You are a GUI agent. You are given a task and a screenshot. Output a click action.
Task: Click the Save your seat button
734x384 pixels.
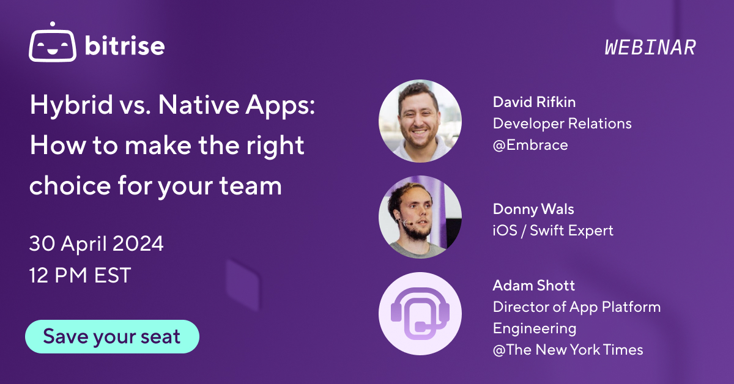tap(112, 336)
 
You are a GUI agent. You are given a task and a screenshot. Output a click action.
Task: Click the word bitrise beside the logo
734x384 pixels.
tap(125, 46)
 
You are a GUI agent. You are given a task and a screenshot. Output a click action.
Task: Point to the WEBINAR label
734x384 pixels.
tap(650, 48)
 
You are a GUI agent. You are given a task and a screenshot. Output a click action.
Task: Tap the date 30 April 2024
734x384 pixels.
tap(96, 244)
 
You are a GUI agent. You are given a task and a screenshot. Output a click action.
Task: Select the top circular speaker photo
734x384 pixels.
tap(420, 120)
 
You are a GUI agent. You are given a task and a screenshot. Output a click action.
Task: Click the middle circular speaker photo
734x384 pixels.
tap(420, 216)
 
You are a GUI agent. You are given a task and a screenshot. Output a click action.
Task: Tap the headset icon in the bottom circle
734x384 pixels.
tap(420, 313)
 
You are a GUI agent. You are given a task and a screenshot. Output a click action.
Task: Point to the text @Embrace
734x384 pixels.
tap(530, 145)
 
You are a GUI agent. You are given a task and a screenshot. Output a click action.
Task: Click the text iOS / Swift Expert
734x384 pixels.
tap(553, 231)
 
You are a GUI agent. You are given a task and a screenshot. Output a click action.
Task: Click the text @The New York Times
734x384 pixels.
tap(568, 350)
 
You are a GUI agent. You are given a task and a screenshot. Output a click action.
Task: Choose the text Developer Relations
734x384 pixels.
tap(562, 124)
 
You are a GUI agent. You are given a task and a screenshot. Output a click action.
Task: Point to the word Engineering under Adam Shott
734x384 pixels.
tap(535, 328)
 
